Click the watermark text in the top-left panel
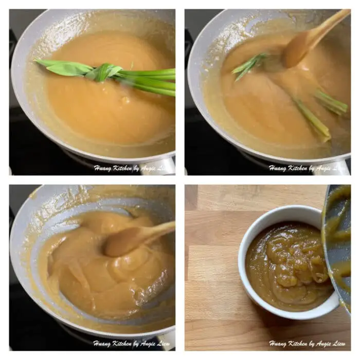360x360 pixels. point(131,168)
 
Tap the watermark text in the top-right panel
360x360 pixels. point(307,168)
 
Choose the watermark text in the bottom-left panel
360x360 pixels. point(131,343)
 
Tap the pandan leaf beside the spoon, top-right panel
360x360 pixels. point(249,65)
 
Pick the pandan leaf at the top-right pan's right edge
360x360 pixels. point(332,103)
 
